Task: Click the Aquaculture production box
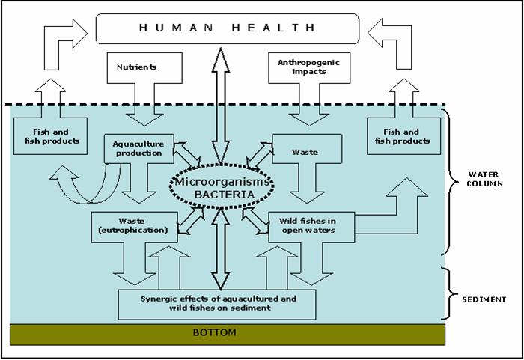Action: (138, 149)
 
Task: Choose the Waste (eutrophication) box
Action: (135, 227)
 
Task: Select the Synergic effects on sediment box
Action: (218, 303)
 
